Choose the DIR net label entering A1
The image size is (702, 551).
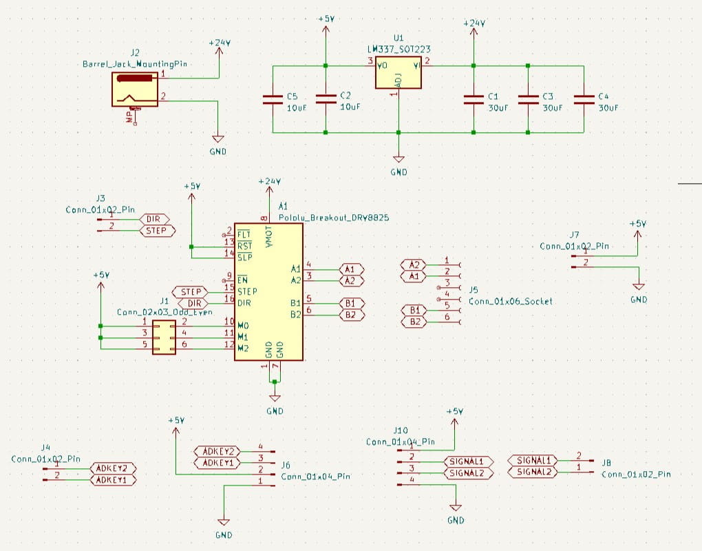[x=194, y=303]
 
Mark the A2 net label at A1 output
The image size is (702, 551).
[x=350, y=280]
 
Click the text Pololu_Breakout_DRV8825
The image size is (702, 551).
[x=334, y=217]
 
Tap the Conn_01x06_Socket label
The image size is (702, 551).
[x=510, y=301]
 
